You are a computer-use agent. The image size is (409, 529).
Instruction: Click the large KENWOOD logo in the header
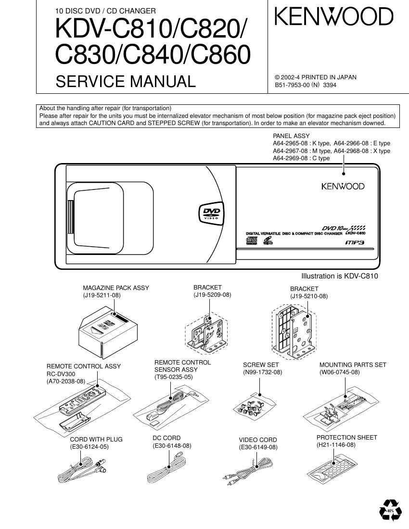pyautogui.click(x=334, y=17)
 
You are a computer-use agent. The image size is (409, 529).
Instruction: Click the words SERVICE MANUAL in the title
pyautogui.click(x=126, y=82)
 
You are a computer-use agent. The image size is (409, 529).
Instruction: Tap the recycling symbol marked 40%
pyautogui.click(x=389, y=510)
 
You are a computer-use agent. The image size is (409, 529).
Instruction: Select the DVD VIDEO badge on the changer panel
pyautogui.click(x=211, y=213)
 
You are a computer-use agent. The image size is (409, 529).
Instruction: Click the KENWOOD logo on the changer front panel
pyautogui.click(x=343, y=186)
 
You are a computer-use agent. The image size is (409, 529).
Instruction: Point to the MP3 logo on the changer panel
pyautogui.click(x=354, y=242)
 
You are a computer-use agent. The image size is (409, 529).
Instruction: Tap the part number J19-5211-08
pyautogui.click(x=102, y=295)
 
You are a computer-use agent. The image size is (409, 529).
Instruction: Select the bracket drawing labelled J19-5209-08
pyautogui.click(x=205, y=331)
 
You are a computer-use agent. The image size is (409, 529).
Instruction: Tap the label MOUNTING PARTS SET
pyautogui.click(x=353, y=365)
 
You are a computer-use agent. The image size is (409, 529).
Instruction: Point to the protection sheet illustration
pyautogui.click(x=332, y=466)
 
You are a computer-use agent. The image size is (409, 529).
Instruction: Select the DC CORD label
pyautogui.click(x=166, y=438)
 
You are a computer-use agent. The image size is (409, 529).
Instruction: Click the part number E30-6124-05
pyautogui.click(x=89, y=447)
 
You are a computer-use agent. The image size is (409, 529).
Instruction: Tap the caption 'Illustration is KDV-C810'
pyautogui.click(x=339, y=276)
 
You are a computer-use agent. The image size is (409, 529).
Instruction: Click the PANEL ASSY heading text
pyautogui.click(x=291, y=136)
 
